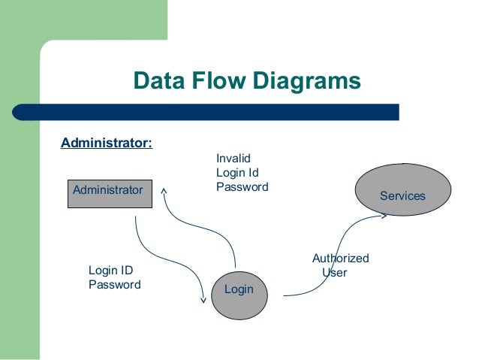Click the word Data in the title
click(x=157, y=80)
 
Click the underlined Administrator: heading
click(x=106, y=143)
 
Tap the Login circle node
click(x=239, y=289)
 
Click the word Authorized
click(x=340, y=259)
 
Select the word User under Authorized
click(x=334, y=273)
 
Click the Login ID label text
click(x=111, y=271)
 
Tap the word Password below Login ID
click(x=114, y=285)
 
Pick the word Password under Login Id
click(x=242, y=186)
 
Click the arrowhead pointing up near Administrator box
click(x=164, y=183)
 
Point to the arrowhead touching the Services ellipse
click(x=384, y=216)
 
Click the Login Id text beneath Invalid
click(x=237, y=172)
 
